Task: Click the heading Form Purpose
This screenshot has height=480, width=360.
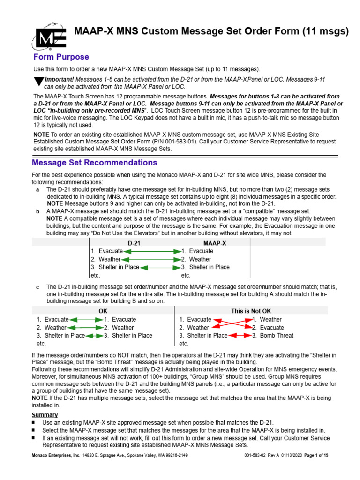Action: point(61,57)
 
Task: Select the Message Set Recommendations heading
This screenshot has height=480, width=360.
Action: point(94,163)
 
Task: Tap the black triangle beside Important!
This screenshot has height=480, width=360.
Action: point(39,81)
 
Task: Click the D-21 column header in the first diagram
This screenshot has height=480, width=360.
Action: point(134,243)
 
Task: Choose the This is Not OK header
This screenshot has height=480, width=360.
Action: point(251,311)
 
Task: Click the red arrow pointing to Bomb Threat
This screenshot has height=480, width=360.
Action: point(240,336)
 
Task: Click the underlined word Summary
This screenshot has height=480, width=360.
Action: point(45,415)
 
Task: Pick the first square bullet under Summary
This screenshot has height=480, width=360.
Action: point(34,423)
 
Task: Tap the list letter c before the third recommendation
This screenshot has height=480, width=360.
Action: point(37,286)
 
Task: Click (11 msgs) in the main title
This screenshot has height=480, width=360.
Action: point(325,32)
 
